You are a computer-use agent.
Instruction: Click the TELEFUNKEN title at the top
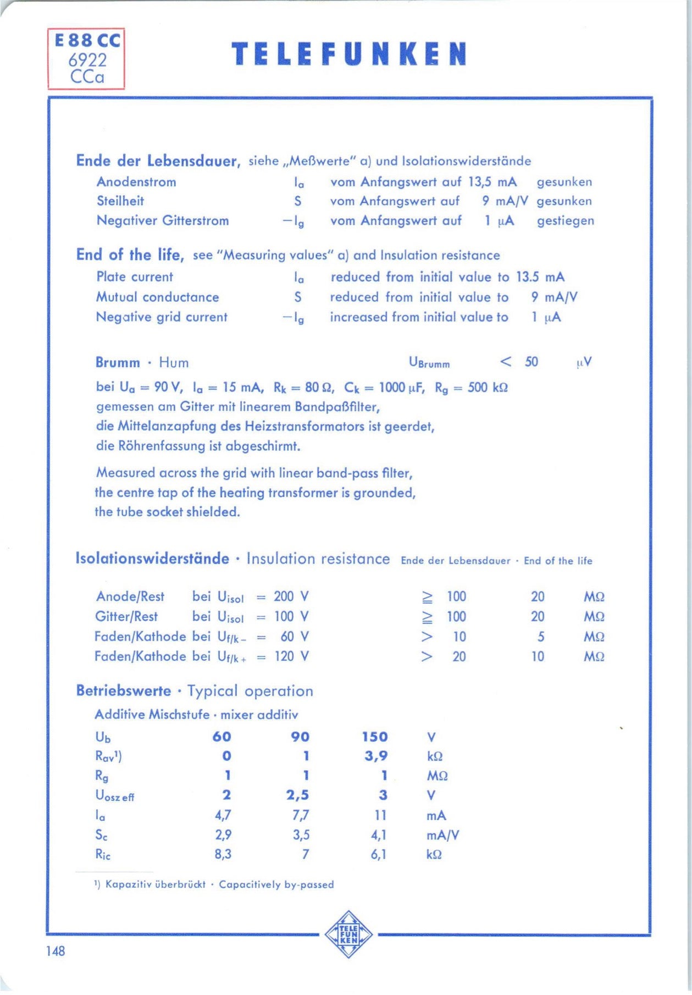[x=349, y=54]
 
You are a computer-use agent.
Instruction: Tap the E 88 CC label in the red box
[x=87, y=41]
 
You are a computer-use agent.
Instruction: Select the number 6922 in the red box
[x=87, y=60]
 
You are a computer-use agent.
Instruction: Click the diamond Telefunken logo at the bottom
[x=348, y=934]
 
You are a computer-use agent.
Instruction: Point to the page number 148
[x=56, y=951]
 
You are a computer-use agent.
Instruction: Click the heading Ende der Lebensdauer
[x=158, y=161]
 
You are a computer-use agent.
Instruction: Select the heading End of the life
[x=130, y=255]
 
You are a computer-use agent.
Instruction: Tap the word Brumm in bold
[x=118, y=363]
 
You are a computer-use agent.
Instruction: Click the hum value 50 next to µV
[x=531, y=362]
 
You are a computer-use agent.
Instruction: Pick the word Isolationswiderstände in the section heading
[x=152, y=559]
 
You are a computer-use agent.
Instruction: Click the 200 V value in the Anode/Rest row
[x=291, y=596]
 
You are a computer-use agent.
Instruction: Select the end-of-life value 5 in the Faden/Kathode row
[x=541, y=637]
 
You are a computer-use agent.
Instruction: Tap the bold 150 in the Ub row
[x=375, y=737]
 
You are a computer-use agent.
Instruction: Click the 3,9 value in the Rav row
[x=376, y=756]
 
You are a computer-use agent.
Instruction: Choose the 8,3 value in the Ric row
[x=223, y=854]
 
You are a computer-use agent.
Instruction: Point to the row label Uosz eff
[x=114, y=796]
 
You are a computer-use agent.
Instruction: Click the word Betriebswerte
[x=124, y=691]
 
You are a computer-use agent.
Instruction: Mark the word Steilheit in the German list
[x=120, y=201]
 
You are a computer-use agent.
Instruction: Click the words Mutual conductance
[x=158, y=297]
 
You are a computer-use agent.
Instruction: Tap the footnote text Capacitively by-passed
[x=276, y=885]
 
